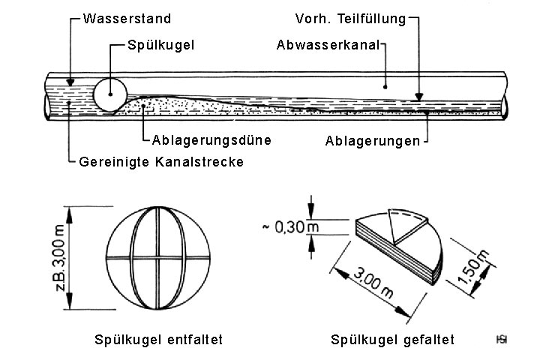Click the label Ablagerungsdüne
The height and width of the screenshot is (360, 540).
[x=211, y=139]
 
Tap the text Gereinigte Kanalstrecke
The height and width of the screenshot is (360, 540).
[x=161, y=162]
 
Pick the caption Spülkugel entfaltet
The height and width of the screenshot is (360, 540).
[x=159, y=340]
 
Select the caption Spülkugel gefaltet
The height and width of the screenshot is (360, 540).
[x=392, y=340]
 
